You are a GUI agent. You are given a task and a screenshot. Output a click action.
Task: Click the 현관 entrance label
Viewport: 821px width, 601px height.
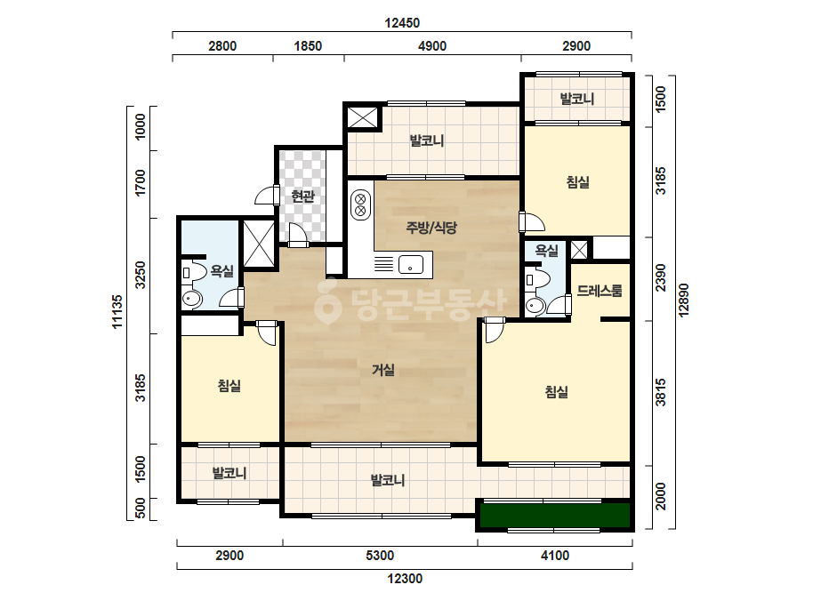click(302, 196)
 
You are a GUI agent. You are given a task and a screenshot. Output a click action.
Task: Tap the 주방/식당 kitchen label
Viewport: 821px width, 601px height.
click(431, 228)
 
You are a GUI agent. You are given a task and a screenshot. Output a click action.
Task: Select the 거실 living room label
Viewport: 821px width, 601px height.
click(383, 370)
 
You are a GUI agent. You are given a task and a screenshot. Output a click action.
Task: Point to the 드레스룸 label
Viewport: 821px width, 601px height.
click(600, 291)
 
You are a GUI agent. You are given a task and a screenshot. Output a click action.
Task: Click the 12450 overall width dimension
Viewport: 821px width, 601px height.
click(402, 23)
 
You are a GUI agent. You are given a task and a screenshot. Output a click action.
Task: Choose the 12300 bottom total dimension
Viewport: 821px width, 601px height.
click(405, 579)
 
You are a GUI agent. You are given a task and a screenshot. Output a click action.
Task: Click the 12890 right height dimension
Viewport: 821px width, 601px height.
click(683, 300)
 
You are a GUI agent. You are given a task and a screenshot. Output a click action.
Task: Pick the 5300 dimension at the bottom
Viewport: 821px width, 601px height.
click(380, 555)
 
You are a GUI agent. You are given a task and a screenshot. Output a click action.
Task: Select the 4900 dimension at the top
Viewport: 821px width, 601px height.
click(432, 46)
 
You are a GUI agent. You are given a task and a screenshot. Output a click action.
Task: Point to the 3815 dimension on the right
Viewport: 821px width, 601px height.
click(661, 393)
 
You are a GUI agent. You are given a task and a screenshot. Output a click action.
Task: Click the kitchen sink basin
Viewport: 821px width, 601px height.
click(411, 265)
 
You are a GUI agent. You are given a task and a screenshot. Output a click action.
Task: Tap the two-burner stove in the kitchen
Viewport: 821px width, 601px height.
click(360, 204)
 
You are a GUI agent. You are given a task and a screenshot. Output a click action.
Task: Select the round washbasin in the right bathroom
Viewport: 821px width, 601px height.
click(535, 305)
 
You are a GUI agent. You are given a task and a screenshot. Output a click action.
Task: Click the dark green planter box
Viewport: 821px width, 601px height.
click(555, 516)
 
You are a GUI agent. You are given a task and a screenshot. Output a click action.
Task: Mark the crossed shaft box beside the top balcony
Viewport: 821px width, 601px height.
click(362, 117)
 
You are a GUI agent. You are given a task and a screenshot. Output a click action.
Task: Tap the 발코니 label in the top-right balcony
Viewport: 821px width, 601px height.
click(577, 99)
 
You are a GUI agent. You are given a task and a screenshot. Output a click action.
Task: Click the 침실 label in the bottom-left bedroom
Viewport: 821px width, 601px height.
click(229, 386)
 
